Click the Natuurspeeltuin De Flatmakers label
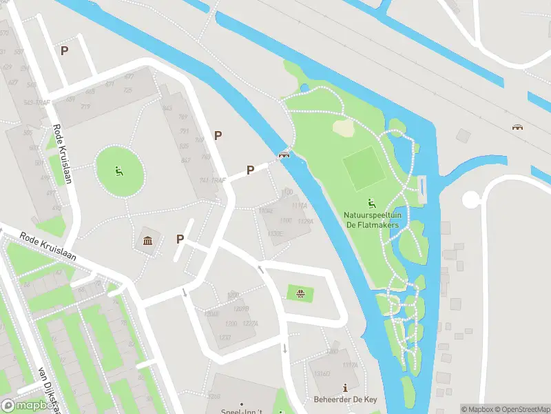371,219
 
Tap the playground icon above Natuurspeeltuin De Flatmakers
372,203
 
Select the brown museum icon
148,240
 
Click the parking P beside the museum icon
180,239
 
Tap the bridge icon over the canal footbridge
283,155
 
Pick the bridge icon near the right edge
517,127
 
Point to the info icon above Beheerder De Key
344,389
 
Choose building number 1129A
305,221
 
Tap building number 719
86,107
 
